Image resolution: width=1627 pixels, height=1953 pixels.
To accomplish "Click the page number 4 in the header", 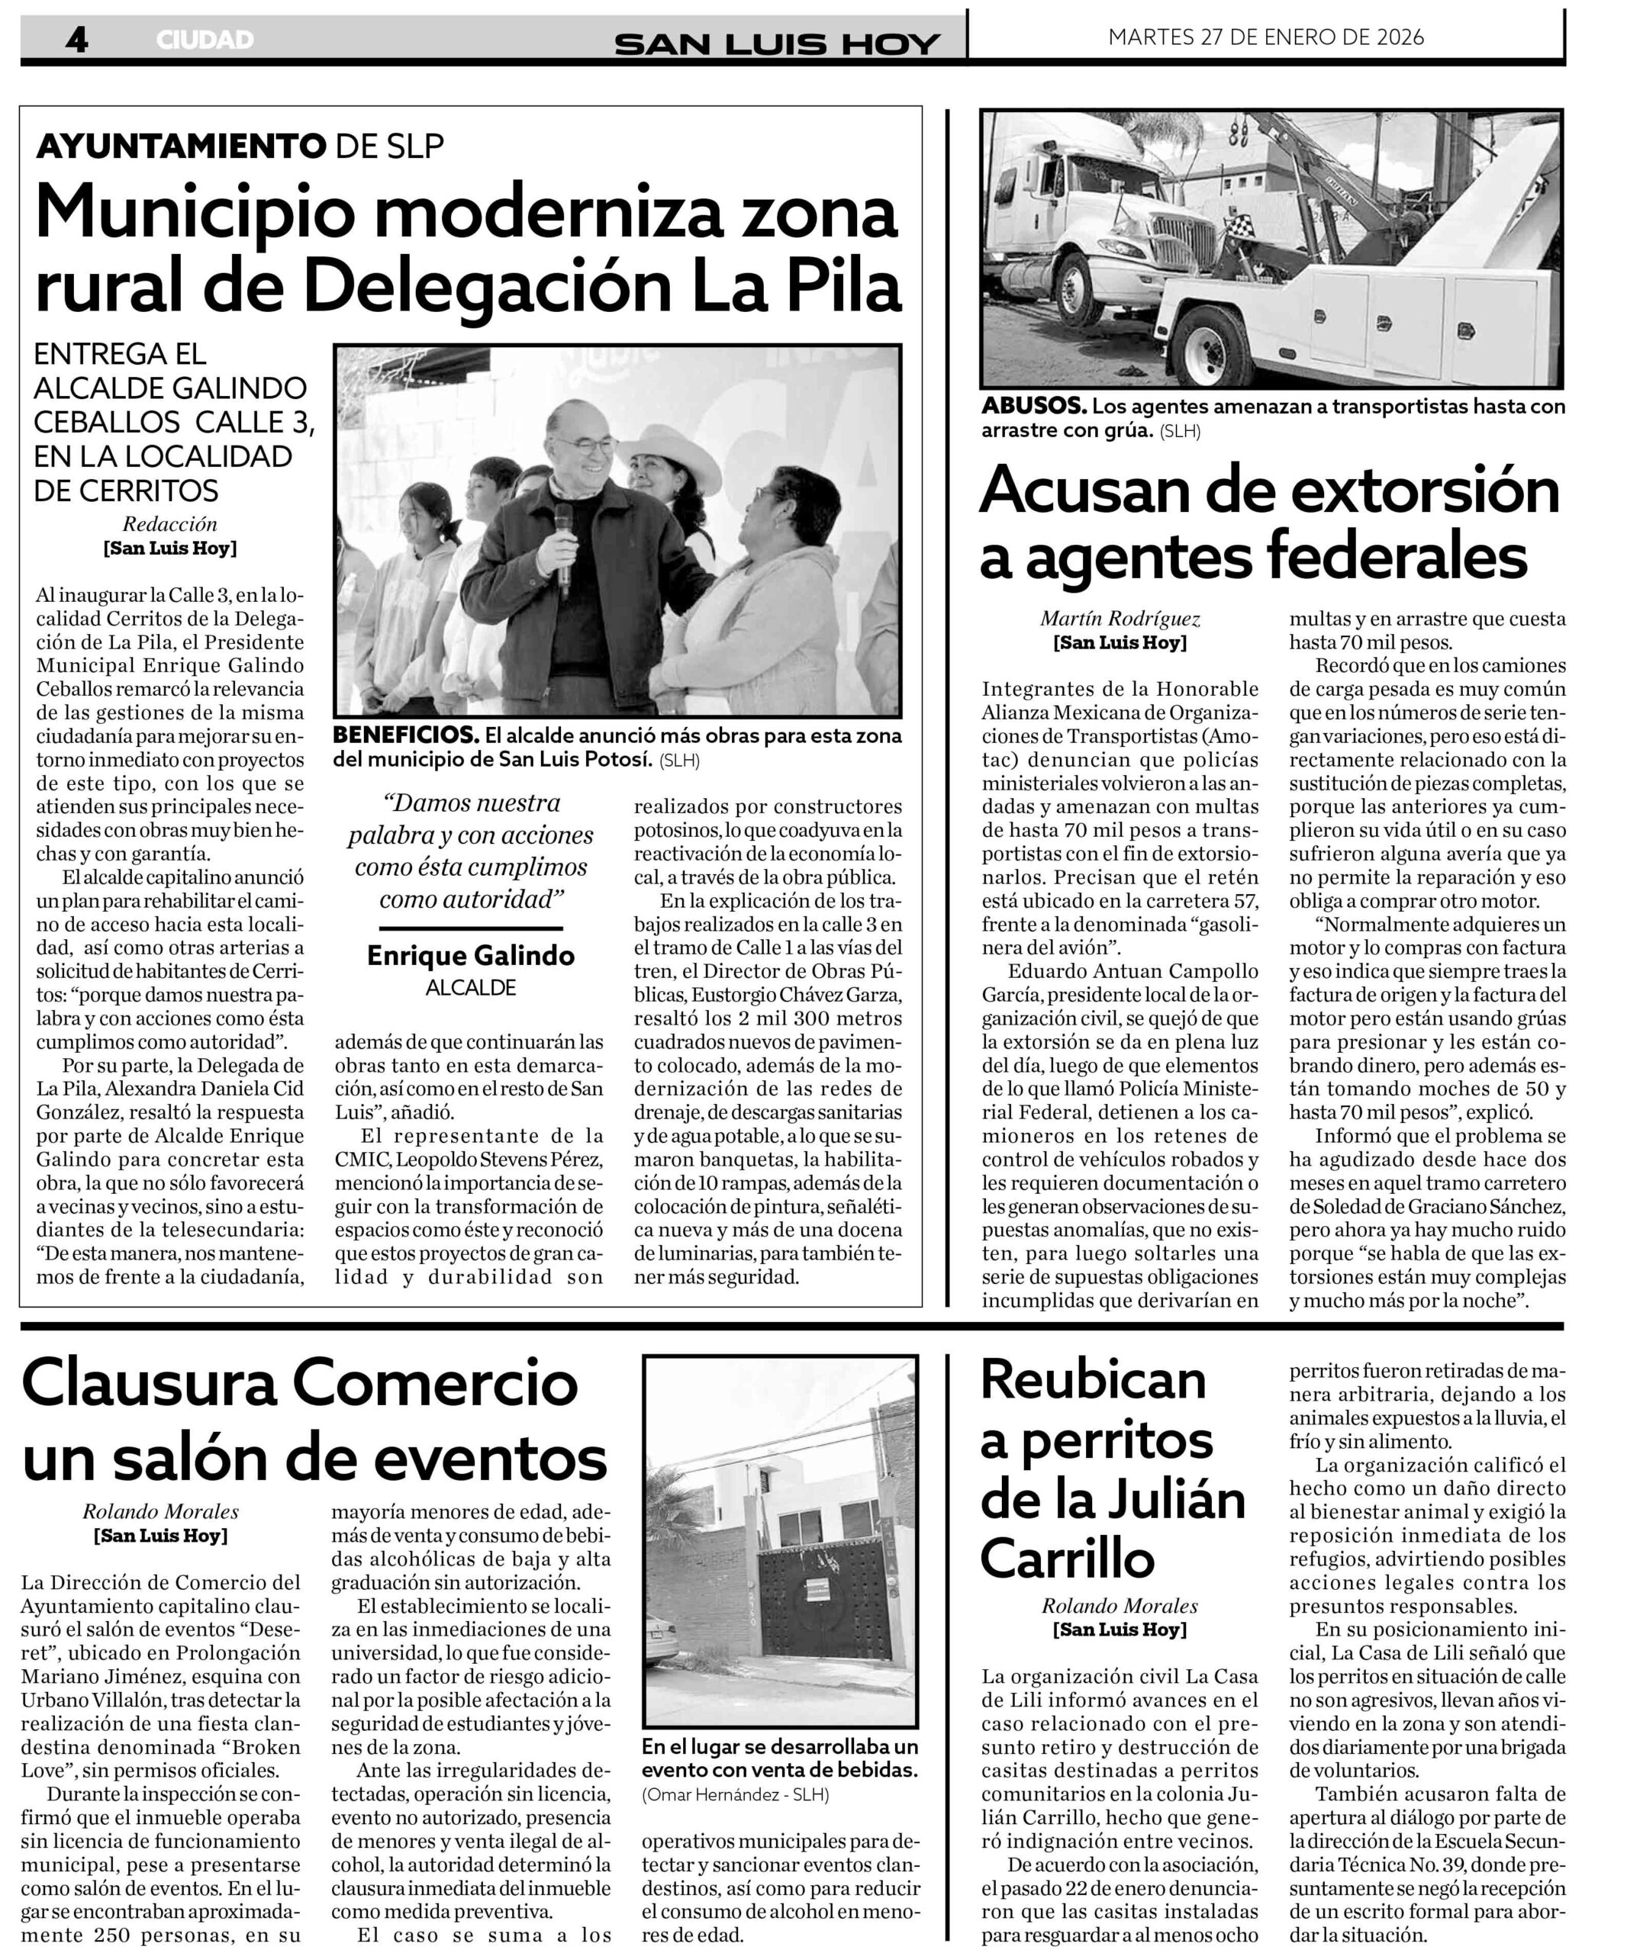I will (77, 39).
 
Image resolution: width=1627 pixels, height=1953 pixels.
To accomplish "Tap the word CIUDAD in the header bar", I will (205, 40).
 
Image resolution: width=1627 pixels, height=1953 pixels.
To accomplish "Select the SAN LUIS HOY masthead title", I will (777, 43).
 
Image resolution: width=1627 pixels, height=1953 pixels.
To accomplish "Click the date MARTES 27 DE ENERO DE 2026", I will (1266, 37).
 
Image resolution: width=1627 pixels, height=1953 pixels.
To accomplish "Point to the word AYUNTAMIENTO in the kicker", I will (179, 145).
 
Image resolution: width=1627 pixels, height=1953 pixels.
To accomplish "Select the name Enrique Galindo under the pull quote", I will (471, 955).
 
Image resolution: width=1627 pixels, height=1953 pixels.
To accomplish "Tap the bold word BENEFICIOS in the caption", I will (405, 735).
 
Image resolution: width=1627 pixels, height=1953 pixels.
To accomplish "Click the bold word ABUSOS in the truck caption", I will (1033, 407).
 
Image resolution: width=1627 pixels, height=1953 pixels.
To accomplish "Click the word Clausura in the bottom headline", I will (149, 1383).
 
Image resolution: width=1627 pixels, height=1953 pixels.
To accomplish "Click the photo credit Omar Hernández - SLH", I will (735, 1794).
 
